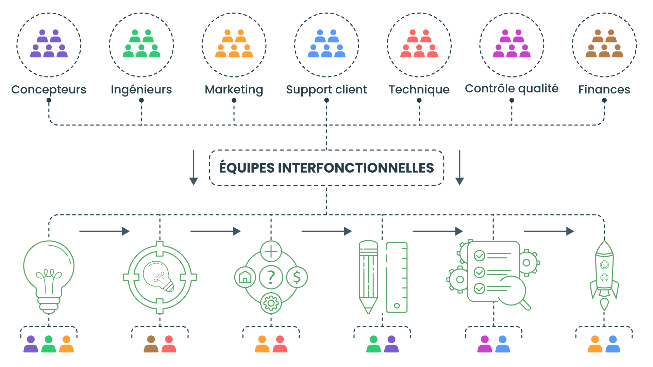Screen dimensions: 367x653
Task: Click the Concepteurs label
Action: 49,89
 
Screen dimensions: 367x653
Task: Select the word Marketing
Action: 234,89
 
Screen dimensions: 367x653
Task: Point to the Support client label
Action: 326,89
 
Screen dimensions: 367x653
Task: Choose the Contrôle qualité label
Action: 512,89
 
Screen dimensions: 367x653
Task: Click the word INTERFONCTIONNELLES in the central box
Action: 356,168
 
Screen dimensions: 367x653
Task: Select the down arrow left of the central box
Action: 194,168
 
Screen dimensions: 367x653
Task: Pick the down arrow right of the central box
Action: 459,168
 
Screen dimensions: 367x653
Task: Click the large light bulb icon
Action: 49,272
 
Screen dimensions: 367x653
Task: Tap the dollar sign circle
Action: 297,277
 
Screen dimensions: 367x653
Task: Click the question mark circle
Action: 271,277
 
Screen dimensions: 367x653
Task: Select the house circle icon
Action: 245,277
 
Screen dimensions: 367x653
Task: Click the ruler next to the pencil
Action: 397,277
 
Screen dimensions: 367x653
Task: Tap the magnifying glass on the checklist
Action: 512,292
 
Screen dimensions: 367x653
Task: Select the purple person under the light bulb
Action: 31,344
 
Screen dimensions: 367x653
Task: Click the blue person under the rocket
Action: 613,344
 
